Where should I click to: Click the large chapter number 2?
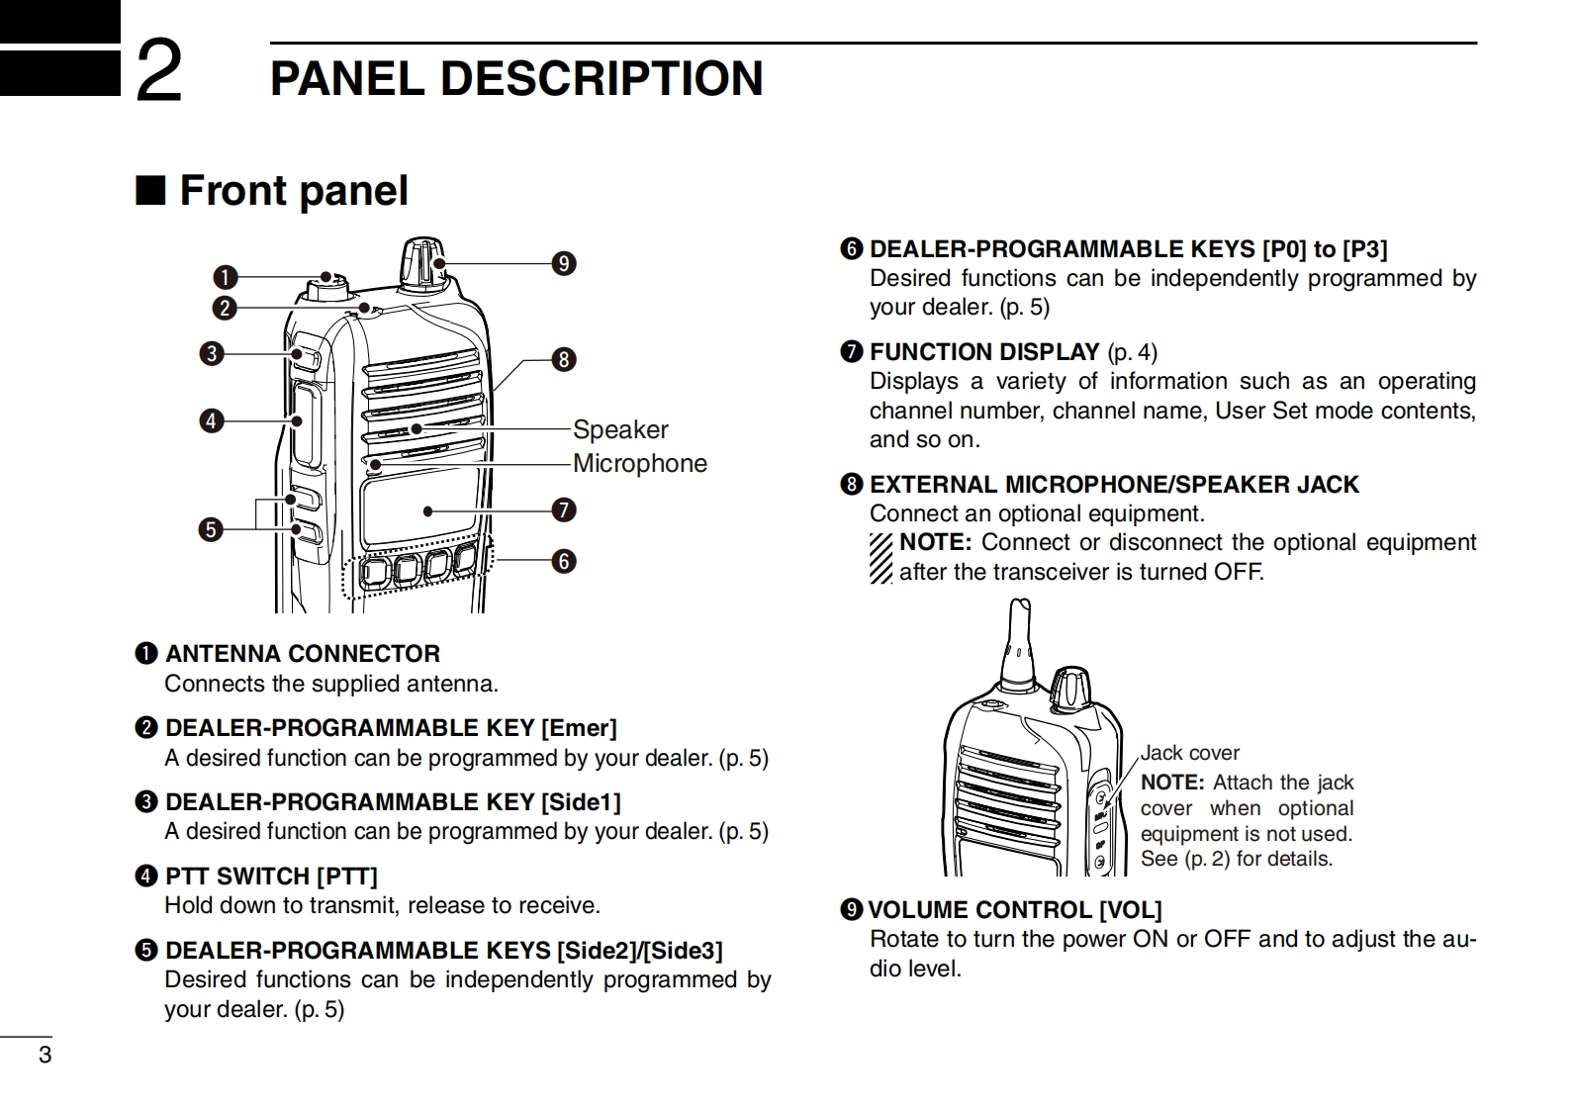(158, 71)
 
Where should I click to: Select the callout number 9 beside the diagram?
(564, 263)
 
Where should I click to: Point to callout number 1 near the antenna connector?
(226, 277)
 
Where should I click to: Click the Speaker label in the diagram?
(620, 429)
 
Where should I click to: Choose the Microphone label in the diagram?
(640, 463)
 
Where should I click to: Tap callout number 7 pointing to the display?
(564, 510)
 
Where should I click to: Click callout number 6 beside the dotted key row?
(564, 561)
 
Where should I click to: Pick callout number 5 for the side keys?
(211, 529)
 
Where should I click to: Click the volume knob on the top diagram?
(423, 261)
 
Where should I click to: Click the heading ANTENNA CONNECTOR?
(302, 654)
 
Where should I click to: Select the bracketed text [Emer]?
(579, 728)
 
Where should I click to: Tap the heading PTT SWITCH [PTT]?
(271, 877)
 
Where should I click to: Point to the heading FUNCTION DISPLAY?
(984, 352)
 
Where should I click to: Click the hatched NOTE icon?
(881, 558)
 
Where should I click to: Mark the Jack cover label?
(1189, 753)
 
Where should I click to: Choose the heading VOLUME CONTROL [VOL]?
(1014, 910)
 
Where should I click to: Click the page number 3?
(45, 1055)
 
